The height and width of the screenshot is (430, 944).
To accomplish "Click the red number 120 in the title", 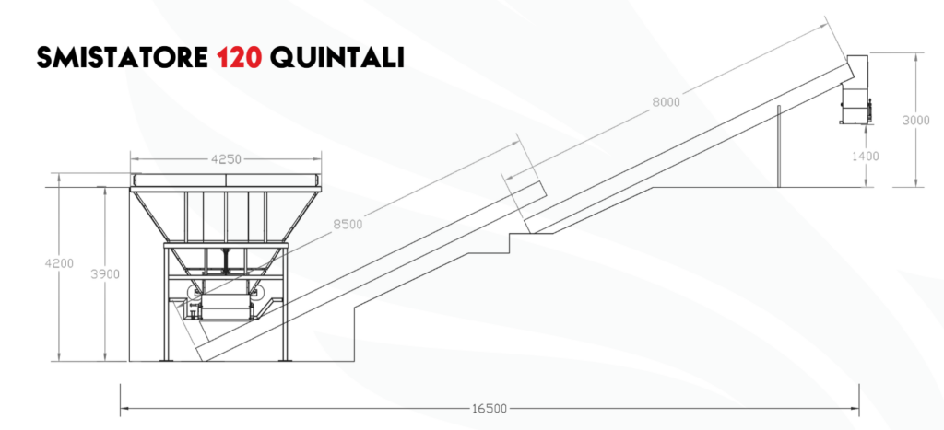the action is click(240, 57).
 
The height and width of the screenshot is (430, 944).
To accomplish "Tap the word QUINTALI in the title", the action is click(337, 57).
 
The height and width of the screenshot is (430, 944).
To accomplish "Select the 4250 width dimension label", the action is click(226, 159).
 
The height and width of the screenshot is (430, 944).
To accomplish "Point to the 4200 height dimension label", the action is click(59, 263).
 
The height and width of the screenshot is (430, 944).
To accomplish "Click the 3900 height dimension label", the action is click(105, 274).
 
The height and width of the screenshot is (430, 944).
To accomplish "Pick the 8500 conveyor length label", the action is click(348, 225).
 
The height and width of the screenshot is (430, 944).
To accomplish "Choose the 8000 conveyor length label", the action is click(666, 102).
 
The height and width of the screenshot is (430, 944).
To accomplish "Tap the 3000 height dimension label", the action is click(915, 121).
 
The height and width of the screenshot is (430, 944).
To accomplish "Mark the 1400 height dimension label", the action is click(865, 157).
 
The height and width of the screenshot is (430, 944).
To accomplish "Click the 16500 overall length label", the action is click(489, 408).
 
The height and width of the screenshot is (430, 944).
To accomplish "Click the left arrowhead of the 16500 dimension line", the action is click(124, 408).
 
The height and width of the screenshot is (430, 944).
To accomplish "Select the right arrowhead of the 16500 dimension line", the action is click(855, 408).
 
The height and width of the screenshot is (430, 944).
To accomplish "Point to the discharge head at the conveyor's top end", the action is click(856, 89).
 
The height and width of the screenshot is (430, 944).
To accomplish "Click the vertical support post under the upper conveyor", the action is click(778, 146).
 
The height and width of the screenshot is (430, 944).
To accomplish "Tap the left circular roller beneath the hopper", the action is click(194, 293).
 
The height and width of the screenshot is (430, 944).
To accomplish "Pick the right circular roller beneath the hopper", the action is click(259, 293).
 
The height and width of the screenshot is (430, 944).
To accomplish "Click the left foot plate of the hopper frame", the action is click(166, 360).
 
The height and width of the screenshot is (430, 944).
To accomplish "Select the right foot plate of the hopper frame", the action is click(286, 360).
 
